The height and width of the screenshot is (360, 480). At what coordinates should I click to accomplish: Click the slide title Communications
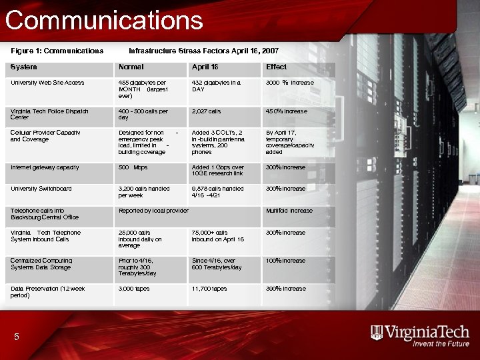point(104,20)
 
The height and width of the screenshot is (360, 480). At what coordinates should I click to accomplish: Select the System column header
point(24,67)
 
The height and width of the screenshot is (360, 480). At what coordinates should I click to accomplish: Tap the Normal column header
point(131,67)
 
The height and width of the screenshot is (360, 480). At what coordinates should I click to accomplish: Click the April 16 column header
point(205,67)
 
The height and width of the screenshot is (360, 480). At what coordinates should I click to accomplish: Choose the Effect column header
point(276,67)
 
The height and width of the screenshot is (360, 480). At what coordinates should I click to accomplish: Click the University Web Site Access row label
point(47,83)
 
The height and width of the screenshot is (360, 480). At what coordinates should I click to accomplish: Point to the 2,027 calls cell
point(206,111)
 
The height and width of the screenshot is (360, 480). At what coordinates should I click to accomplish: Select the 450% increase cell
point(287,111)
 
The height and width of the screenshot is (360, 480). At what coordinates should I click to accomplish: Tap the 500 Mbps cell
point(133,167)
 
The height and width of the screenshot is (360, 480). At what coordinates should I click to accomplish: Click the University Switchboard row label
point(41,189)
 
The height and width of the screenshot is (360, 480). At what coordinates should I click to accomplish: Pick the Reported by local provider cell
point(153,211)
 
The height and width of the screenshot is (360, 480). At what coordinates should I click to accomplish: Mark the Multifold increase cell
point(289,211)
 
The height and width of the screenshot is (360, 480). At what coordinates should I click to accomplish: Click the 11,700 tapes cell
point(209,289)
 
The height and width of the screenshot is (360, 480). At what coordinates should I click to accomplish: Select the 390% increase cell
point(286,289)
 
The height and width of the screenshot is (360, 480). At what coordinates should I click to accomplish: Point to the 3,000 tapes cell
point(134,289)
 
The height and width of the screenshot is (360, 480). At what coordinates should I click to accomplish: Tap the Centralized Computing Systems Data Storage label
point(41,264)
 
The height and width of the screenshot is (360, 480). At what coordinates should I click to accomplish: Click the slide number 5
point(17,337)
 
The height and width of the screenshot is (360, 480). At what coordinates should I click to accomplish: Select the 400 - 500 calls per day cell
point(143,115)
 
